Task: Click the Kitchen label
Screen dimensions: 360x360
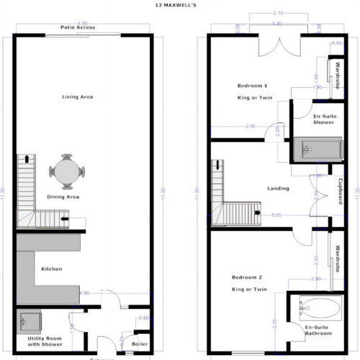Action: (x=51, y=269)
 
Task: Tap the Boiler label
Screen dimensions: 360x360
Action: (x=140, y=344)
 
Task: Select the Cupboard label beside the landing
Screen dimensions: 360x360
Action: (x=340, y=192)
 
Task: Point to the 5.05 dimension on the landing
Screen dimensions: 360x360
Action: (x=276, y=215)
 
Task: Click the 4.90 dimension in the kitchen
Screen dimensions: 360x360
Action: (x=84, y=293)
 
